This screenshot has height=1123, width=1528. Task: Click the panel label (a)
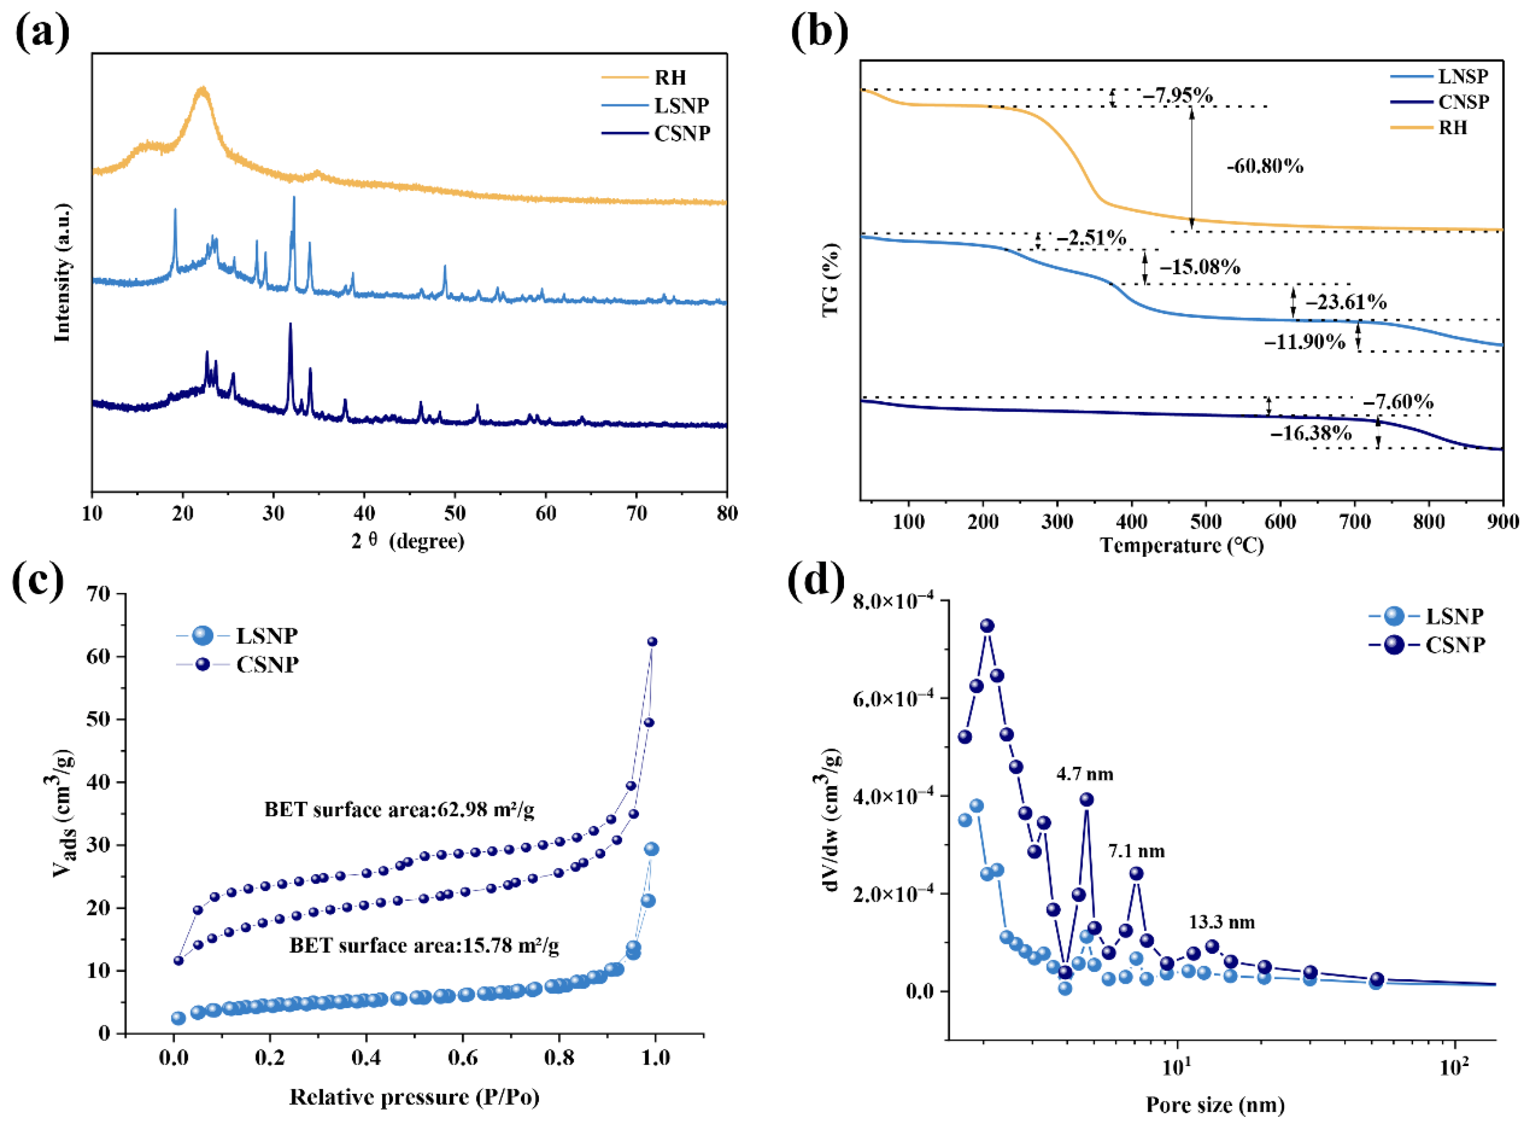point(42,33)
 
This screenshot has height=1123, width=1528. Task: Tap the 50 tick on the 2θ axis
point(455,513)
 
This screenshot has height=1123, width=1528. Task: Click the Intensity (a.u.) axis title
point(63,272)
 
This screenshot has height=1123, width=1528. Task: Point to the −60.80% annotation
point(1265,166)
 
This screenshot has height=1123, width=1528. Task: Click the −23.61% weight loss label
point(1346,302)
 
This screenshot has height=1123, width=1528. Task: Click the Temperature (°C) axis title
point(1182,545)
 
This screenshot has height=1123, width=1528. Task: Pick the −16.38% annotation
point(1311,433)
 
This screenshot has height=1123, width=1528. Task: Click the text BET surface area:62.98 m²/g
point(399,809)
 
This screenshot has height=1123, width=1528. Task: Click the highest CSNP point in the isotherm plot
point(652,642)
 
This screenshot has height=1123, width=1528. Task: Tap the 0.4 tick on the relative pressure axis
point(367,1058)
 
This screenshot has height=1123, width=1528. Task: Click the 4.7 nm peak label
point(1085,774)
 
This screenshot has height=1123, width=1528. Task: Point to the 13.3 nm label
point(1222,922)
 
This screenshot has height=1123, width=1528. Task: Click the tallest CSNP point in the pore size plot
point(987,625)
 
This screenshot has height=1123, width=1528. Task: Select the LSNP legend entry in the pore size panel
point(1426,616)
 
